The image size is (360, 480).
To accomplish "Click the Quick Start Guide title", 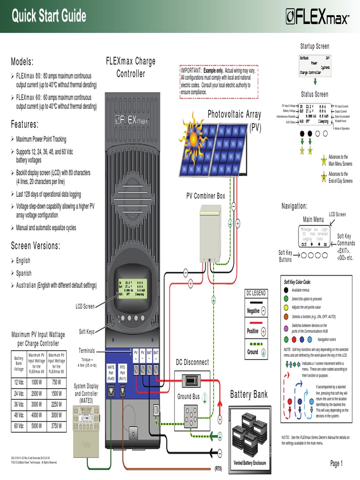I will (x=49, y=16).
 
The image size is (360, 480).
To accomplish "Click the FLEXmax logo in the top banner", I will (x=317, y=17).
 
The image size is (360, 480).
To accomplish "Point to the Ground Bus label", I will (x=188, y=397).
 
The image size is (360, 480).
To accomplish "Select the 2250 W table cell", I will (x=56, y=404).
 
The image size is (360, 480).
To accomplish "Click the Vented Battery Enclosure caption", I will (x=249, y=463).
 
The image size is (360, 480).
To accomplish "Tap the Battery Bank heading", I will (x=249, y=394).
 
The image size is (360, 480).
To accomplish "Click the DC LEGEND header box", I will (x=256, y=293).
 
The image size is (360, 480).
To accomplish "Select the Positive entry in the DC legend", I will (x=256, y=331).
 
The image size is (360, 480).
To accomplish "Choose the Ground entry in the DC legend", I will (x=256, y=352).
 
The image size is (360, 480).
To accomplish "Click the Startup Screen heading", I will (x=315, y=46).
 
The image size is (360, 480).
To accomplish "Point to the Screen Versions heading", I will (x=36, y=246).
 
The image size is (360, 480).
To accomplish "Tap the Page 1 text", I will (x=337, y=464).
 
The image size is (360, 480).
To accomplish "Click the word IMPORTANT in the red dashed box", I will (x=191, y=70).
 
